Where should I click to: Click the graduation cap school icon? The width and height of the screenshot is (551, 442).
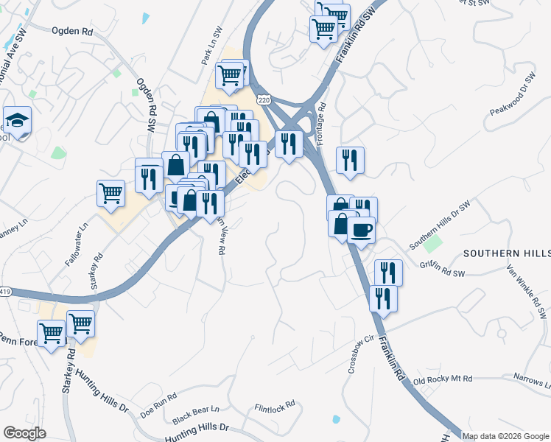(15, 120)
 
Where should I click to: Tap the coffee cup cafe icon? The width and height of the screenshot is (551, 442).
(361, 230)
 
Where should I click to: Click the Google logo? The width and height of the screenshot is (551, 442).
(24, 433)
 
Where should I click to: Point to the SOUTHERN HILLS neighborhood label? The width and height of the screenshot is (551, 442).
(507, 253)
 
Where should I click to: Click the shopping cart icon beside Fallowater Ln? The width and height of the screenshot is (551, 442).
(110, 194)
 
